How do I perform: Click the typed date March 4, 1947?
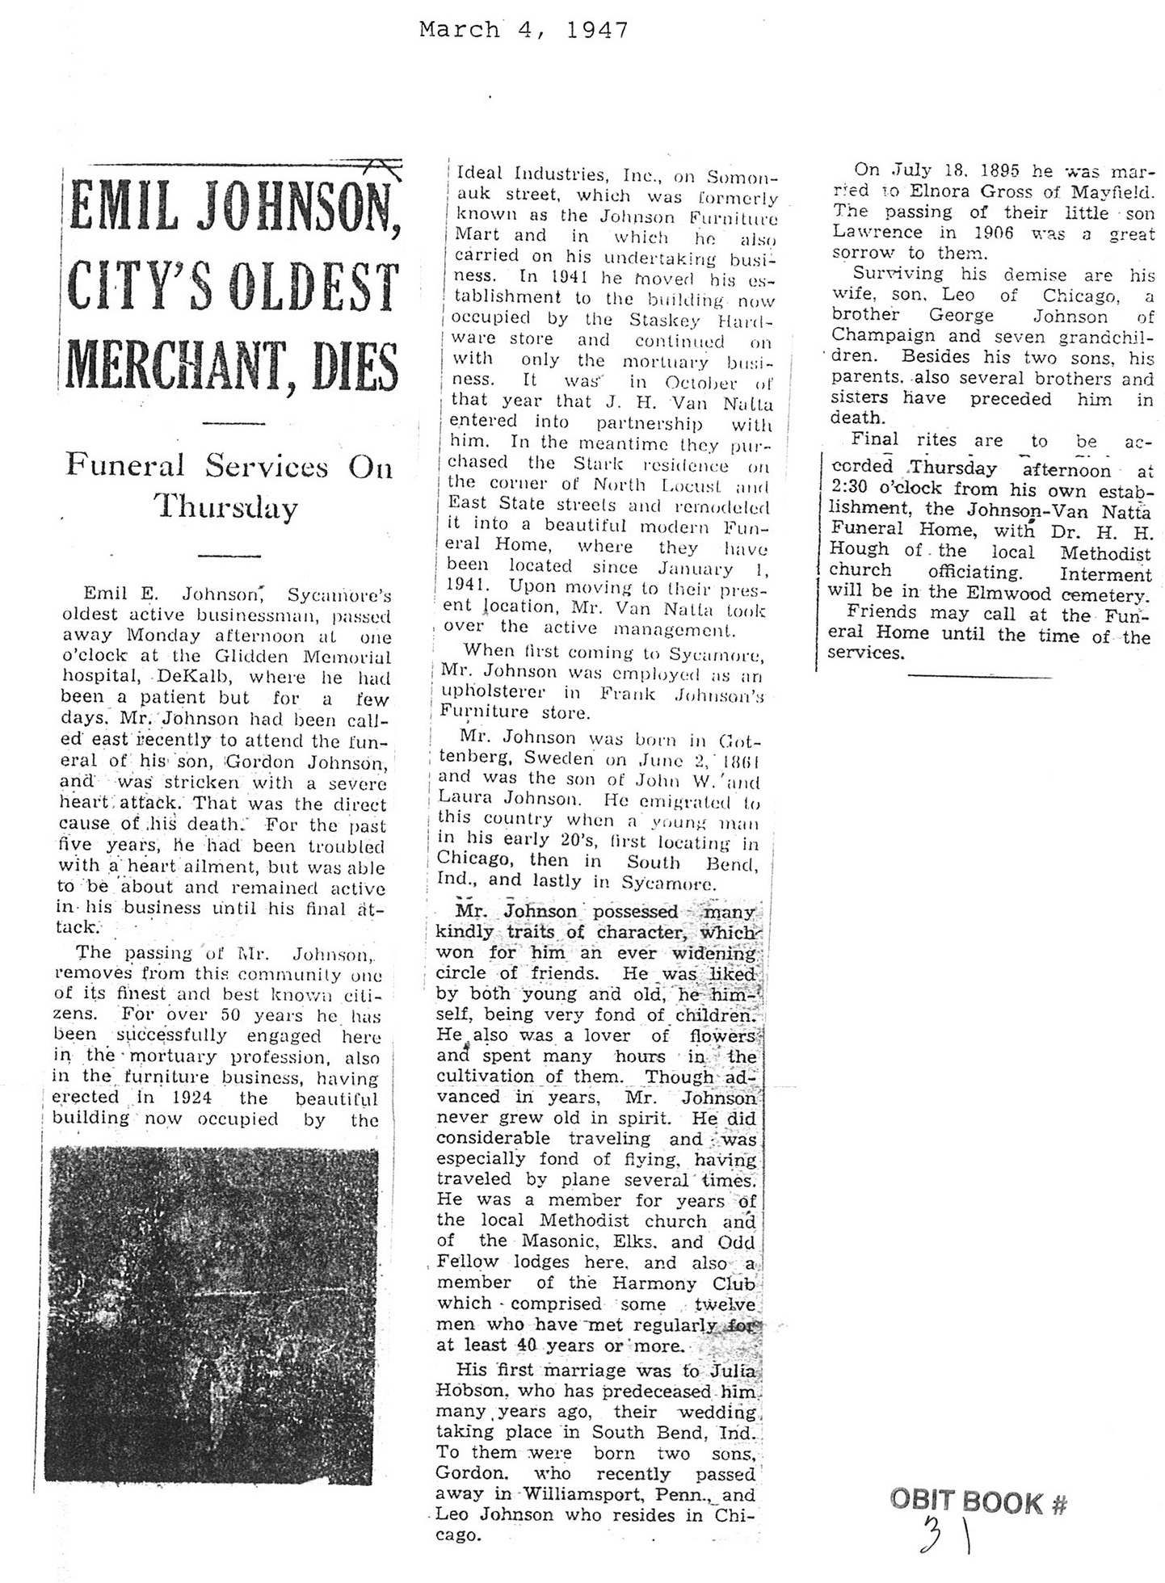[x=524, y=30]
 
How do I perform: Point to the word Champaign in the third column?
[x=883, y=335]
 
